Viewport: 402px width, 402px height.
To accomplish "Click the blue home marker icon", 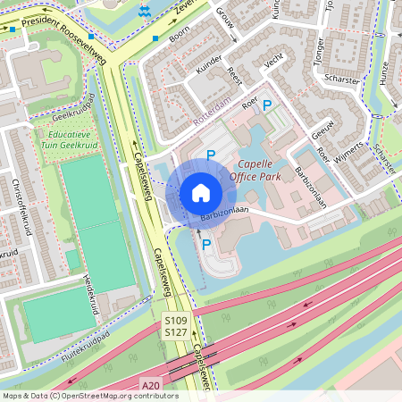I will coord(201,192).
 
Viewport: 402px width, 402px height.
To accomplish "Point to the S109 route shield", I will coord(177,319).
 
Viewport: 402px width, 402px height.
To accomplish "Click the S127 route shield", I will coord(177,332).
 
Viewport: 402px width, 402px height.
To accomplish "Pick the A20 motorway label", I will coord(152,385).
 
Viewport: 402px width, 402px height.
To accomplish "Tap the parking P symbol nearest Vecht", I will coord(267,105).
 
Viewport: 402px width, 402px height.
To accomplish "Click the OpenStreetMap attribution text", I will coord(90,395).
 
